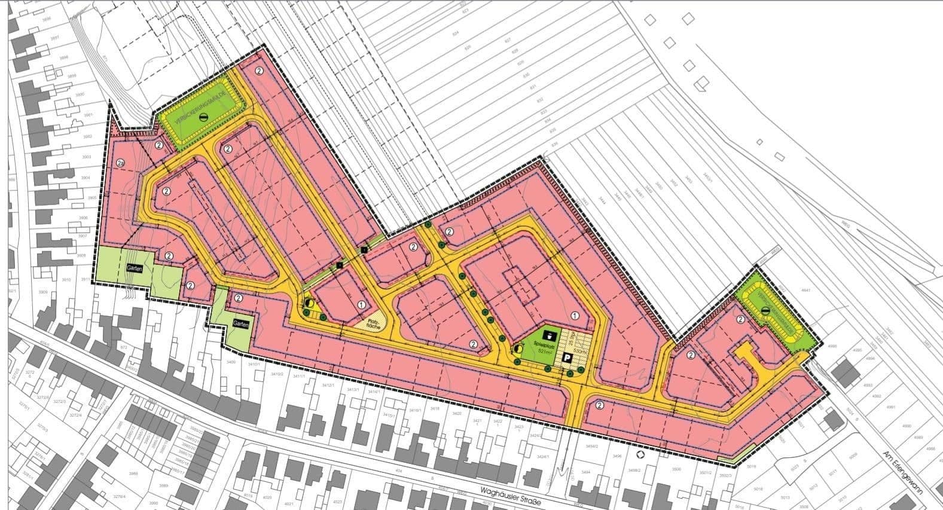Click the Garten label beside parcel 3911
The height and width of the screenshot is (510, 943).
[135, 269]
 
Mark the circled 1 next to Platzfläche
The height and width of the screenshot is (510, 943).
[362, 304]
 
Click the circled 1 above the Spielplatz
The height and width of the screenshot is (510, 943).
[575, 315]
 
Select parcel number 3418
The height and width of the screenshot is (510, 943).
[435, 409]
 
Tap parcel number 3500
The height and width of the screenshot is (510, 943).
[676, 469]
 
